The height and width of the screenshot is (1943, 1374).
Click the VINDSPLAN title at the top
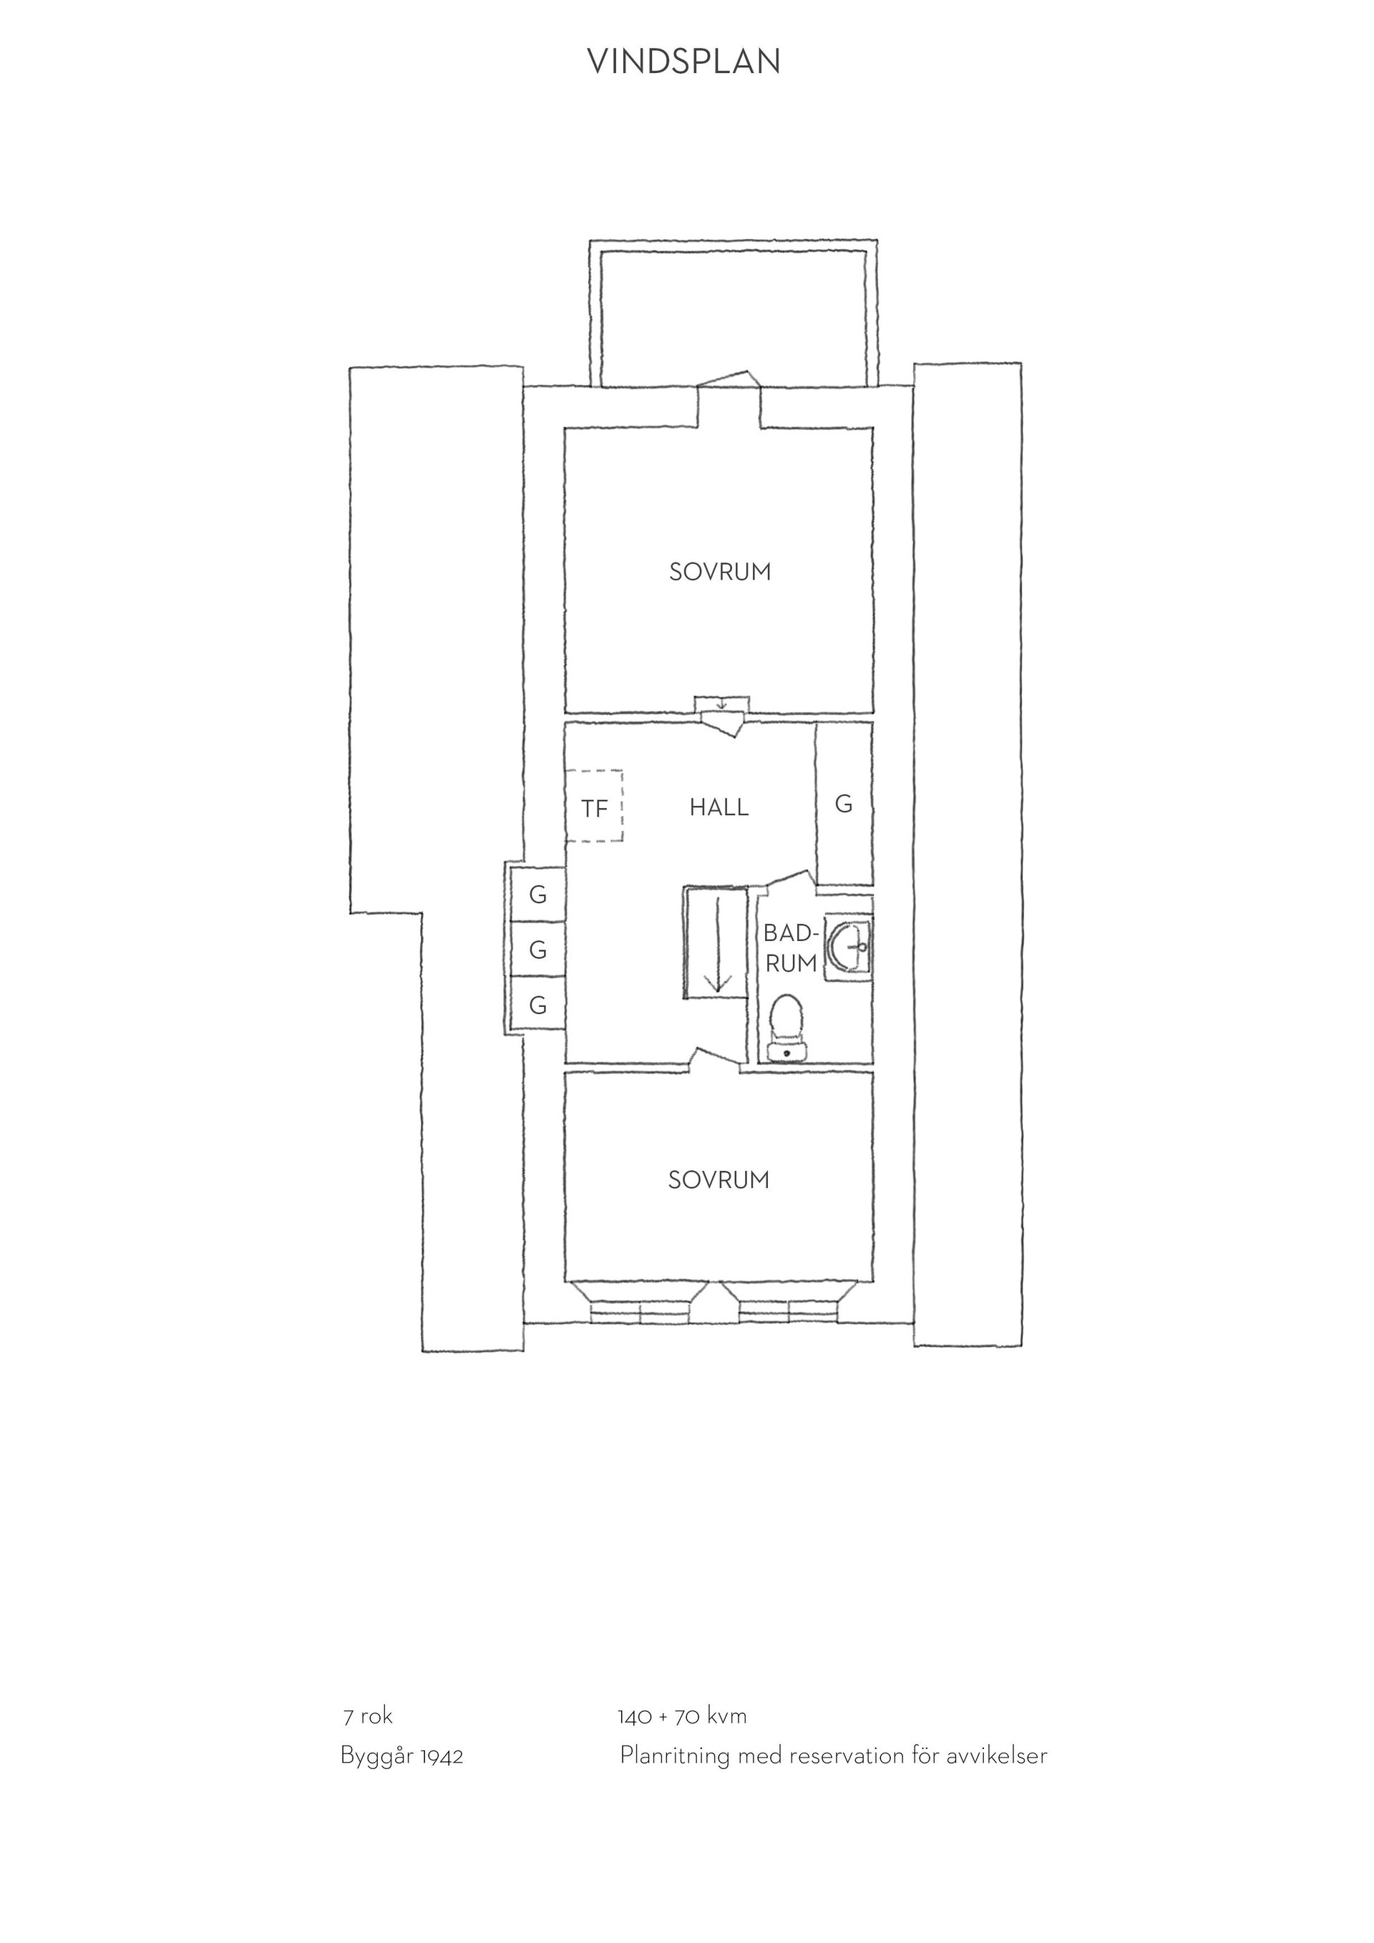683,62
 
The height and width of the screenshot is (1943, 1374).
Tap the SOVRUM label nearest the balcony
720,572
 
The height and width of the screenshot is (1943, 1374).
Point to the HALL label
719,807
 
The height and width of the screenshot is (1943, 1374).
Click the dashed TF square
595,806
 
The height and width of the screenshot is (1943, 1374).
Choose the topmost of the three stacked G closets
537,895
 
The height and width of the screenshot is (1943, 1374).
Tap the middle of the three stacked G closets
537,950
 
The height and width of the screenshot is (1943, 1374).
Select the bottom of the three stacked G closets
537,1005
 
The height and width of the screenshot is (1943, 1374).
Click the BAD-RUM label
791,949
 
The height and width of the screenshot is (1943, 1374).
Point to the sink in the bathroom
849,947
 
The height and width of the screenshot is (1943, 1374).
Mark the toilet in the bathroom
787,1028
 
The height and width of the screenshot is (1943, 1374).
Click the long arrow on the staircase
718,943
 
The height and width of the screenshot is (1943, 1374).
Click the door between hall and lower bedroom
716,1061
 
